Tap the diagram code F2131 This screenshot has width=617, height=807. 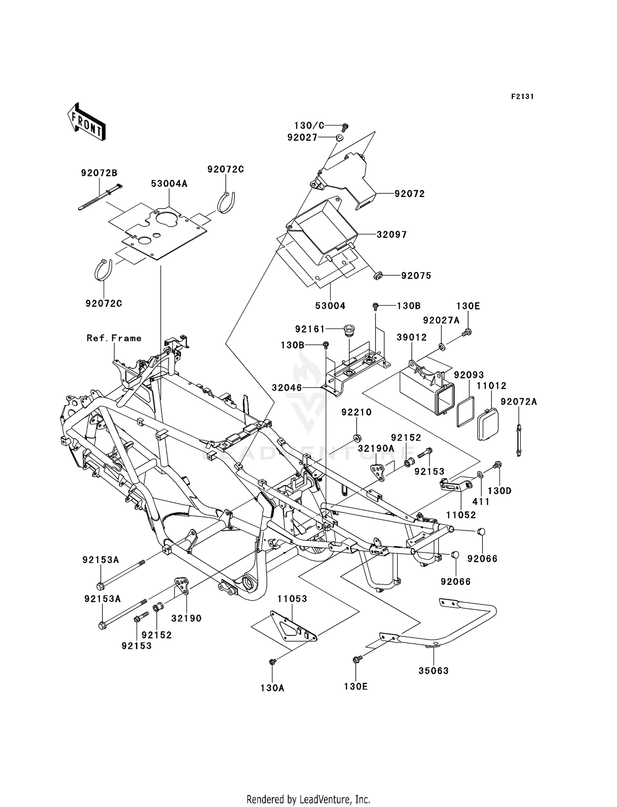[x=522, y=97]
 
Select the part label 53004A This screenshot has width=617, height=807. [x=169, y=184]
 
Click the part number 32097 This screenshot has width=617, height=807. [x=392, y=234]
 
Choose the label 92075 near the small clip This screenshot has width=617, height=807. [x=416, y=276]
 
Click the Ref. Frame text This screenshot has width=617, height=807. [x=114, y=338]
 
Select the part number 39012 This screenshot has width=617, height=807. [x=412, y=337]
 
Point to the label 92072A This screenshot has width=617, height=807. [x=519, y=401]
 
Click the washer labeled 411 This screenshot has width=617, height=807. [x=480, y=475]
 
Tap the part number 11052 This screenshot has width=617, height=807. [x=461, y=515]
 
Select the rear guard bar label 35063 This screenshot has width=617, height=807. [x=434, y=670]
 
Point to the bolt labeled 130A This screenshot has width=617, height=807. [x=272, y=661]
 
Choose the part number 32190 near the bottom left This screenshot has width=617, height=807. [x=186, y=618]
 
